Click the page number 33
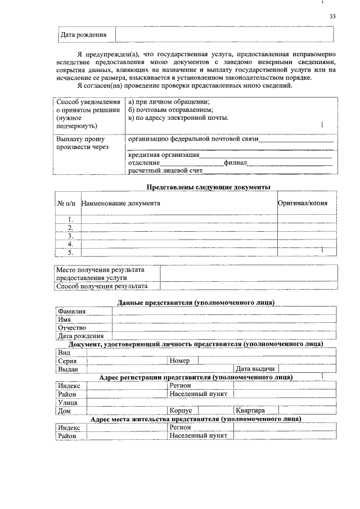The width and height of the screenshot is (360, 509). pos(332,17)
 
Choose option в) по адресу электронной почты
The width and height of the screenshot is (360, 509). pos(178,118)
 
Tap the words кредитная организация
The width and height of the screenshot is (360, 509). pos(164,155)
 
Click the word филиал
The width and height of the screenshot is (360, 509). pos(235,163)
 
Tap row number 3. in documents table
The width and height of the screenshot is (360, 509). pos(71,236)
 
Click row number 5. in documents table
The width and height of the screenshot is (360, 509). pos(71,253)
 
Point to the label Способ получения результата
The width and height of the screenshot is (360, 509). pos(102,286)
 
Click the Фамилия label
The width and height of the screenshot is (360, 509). pos(71,311)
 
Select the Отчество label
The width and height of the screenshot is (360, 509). pos(71,327)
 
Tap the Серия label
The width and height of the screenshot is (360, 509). pos(67,361)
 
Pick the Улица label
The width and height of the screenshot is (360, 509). pos(67,402)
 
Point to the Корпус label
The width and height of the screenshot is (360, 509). pos(181,411)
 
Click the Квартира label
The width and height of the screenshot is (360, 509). pos(250,411)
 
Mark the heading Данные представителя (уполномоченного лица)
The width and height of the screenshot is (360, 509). pos(196,303)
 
